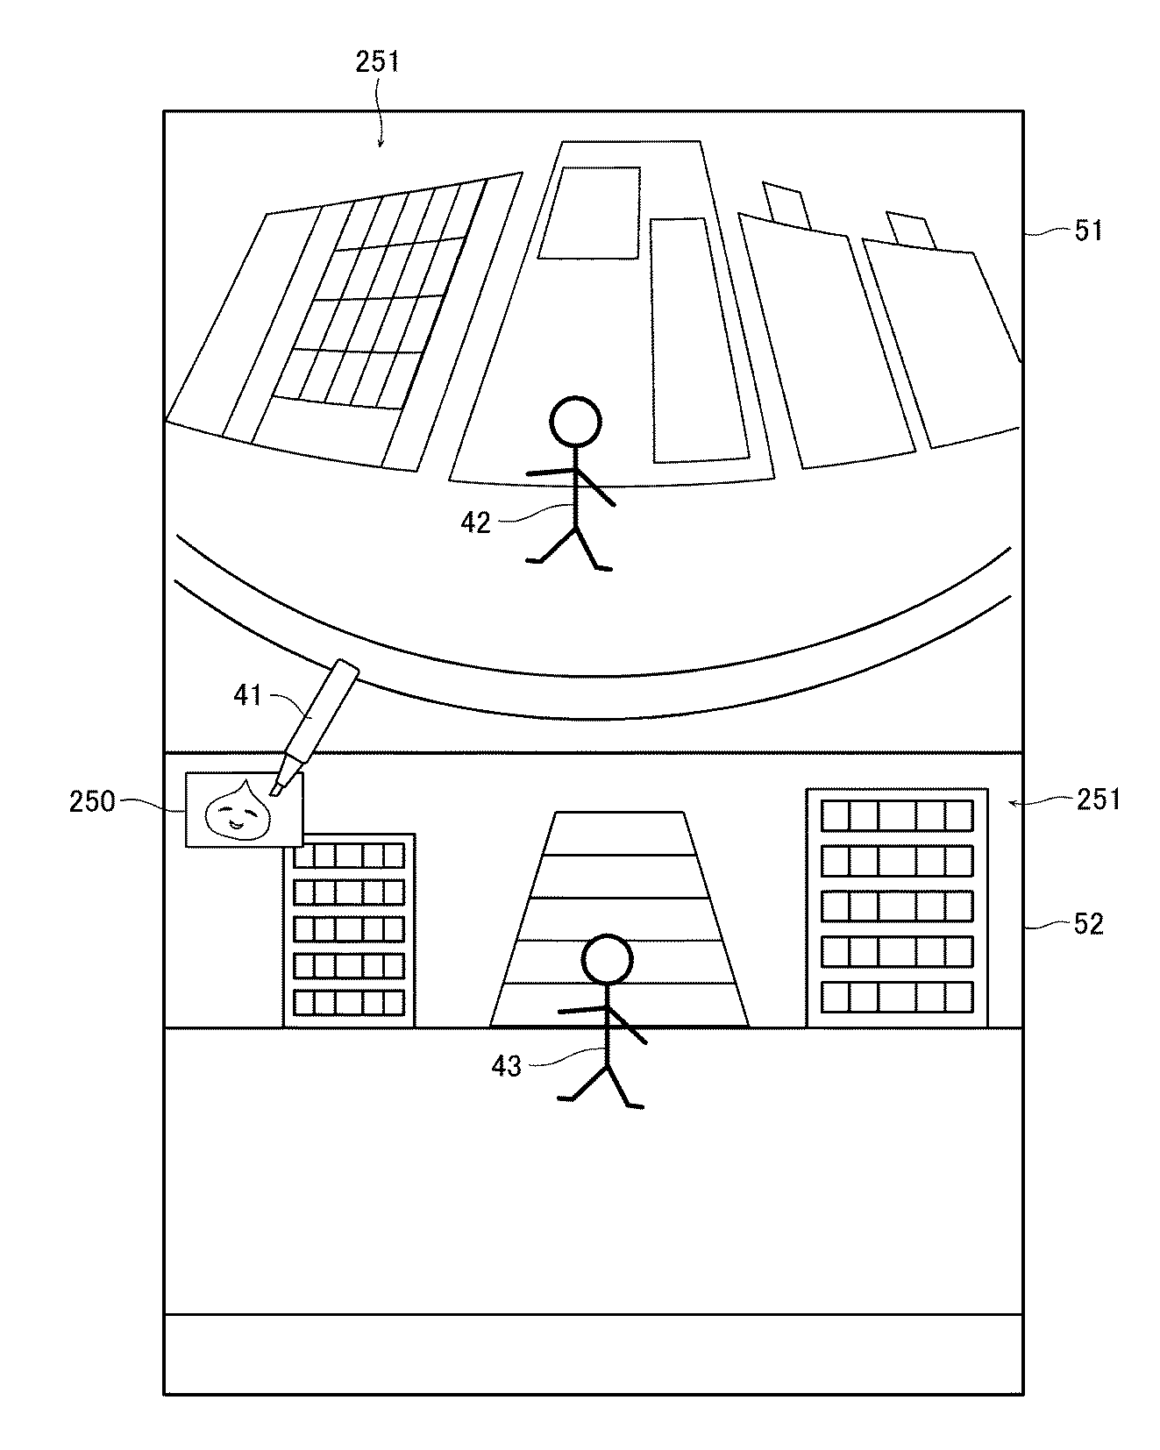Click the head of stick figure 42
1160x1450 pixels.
575,423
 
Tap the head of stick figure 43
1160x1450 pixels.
607,960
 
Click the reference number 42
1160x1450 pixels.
476,522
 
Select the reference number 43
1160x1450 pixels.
507,1066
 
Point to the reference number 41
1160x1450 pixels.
248,695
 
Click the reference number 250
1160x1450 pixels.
92,801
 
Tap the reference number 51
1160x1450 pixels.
1087,231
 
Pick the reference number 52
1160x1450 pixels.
1088,924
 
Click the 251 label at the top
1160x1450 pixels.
377,61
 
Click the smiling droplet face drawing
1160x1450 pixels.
238,809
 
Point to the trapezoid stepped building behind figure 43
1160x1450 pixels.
619,919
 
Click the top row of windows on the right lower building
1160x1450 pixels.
896,816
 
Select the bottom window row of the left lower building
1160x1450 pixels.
348,1003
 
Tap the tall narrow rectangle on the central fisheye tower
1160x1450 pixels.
700,340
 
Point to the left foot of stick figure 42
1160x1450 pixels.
532,559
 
